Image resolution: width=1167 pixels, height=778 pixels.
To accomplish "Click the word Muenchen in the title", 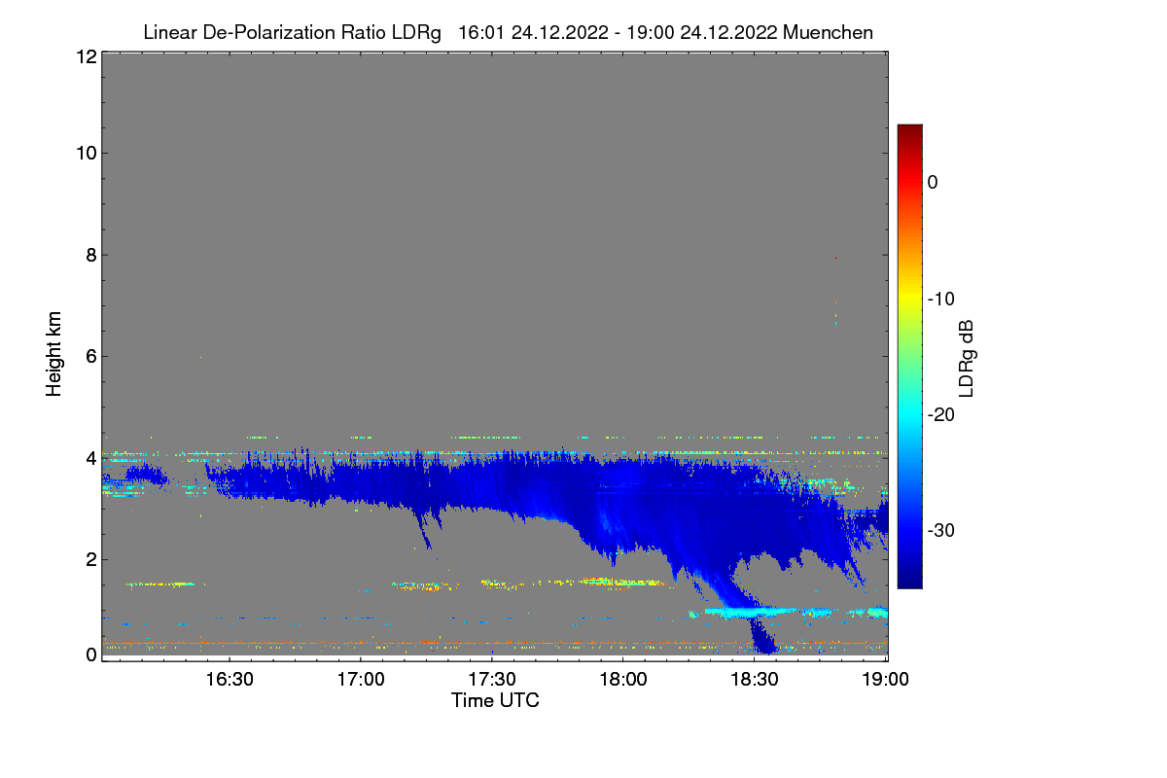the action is (828, 32).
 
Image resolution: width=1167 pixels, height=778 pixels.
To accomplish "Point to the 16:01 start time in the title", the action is (480, 32).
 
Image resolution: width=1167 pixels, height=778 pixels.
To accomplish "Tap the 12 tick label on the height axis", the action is (87, 56).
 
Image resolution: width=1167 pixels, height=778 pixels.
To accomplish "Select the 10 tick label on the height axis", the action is (87, 154).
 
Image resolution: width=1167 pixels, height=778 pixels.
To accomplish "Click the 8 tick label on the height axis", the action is (91, 256).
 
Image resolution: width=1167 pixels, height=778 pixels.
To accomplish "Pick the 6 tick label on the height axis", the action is (91, 357).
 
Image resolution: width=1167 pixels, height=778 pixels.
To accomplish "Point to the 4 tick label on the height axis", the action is (91, 459).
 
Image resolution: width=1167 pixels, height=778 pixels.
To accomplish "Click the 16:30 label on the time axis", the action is (230, 679).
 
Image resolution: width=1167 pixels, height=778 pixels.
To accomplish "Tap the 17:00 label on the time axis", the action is (361, 679).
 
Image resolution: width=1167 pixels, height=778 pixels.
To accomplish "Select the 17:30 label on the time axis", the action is (492, 679).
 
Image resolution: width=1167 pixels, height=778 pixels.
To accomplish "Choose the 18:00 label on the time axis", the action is (623, 679).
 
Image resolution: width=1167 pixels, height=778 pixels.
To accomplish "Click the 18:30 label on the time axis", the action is (755, 679).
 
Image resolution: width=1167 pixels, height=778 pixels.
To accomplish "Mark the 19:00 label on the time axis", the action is (885, 679).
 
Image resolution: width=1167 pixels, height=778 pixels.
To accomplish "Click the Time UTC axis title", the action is (495, 700).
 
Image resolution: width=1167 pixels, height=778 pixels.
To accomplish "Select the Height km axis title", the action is (53, 354).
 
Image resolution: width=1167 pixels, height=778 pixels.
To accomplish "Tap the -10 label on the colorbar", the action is (941, 300).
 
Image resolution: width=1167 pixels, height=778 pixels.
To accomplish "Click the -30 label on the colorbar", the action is (941, 530).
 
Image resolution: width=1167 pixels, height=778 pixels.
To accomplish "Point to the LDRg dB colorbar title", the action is (967, 359).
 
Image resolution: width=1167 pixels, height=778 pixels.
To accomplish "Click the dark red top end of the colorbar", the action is (909, 127).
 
